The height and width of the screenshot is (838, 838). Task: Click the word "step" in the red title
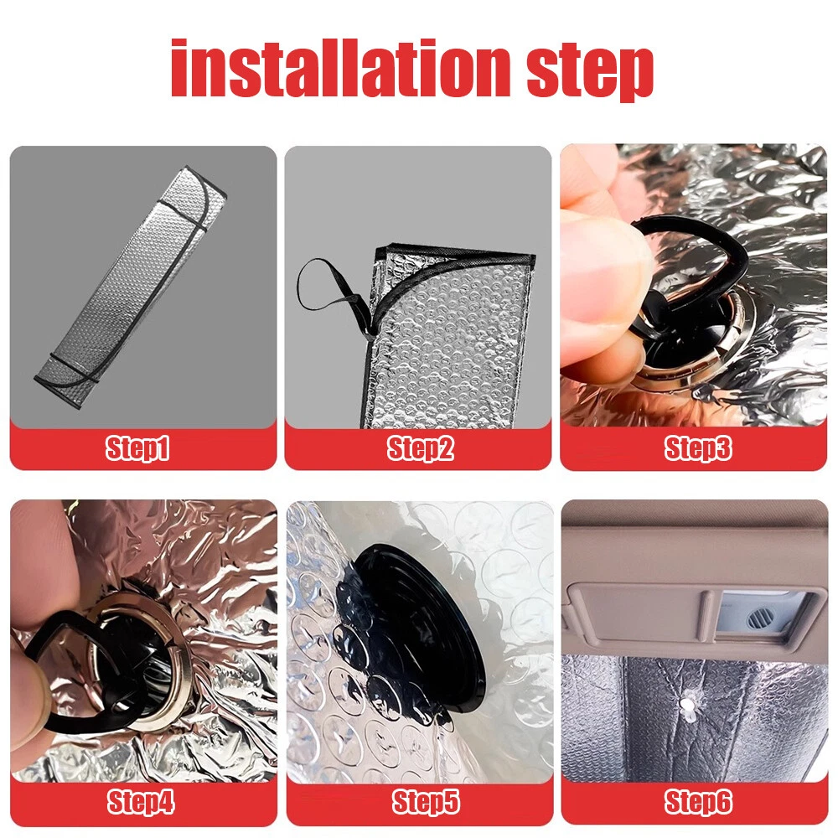click(x=590, y=72)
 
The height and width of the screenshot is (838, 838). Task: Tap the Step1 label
click(x=137, y=447)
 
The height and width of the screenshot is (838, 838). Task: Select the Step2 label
click(x=420, y=447)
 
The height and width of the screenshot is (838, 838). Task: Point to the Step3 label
click(x=698, y=447)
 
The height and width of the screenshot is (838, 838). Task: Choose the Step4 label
click(x=141, y=802)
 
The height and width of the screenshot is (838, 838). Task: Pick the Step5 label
click(x=426, y=802)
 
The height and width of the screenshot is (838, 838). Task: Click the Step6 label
click(x=698, y=802)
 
